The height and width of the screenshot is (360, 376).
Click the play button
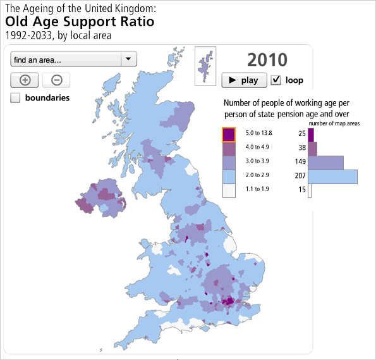(x=243, y=80)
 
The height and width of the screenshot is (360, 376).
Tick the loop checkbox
(x=276, y=80)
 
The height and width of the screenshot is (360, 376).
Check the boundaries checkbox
(x=16, y=97)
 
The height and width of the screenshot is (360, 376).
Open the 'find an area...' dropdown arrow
(x=128, y=59)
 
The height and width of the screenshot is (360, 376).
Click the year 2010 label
(x=267, y=59)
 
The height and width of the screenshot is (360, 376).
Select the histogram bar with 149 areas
(x=326, y=162)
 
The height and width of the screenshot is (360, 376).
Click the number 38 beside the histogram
(x=301, y=148)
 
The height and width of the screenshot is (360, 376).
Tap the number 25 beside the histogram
(x=301, y=134)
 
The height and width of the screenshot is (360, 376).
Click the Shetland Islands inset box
(x=205, y=63)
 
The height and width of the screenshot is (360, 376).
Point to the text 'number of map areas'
(x=334, y=123)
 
